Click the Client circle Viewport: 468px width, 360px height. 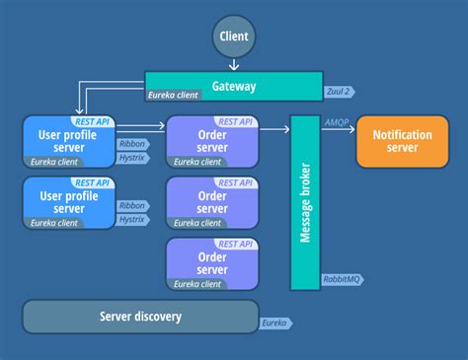click(x=233, y=37)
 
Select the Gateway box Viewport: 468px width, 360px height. click(x=233, y=86)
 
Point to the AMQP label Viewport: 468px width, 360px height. click(x=335, y=121)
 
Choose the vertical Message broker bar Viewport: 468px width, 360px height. click(x=305, y=202)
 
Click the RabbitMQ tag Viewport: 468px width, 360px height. click(x=339, y=280)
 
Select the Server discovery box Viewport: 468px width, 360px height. click(x=140, y=317)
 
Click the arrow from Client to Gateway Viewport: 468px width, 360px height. click(x=233, y=65)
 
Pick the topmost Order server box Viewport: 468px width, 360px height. click(x=212, y=140)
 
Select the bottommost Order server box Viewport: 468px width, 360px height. click(x=212, y=262)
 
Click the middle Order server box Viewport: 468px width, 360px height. click(x=212, y=201)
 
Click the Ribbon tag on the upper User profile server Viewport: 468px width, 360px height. click(x=132, y=143)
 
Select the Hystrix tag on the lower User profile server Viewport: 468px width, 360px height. click(x=132, y=219)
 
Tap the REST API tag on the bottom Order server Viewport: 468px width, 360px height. click(x=235, y=243)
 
